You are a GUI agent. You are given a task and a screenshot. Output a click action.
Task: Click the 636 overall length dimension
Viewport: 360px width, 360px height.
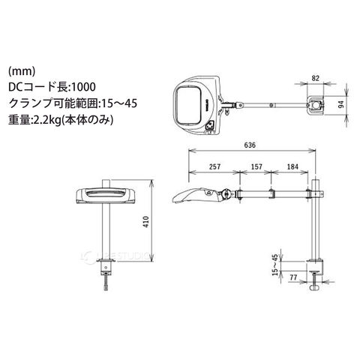(x=250, y=145)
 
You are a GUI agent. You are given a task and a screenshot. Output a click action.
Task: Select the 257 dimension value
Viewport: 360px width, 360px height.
(x=215, y=166)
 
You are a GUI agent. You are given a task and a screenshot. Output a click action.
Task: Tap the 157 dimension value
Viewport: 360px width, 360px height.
(x=256, y=166)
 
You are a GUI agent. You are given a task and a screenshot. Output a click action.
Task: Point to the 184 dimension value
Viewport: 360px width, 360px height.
(x=292, y=166)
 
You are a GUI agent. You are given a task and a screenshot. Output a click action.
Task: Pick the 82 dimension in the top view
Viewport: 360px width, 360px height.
(x=316, y=78)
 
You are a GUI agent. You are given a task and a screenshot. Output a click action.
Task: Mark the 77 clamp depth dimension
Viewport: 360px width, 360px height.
(x=293, y=277)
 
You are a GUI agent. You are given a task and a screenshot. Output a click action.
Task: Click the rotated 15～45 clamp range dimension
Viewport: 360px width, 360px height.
(x=275, y=265)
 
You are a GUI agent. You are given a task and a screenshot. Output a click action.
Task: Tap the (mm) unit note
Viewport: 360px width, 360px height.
(x=22, y=71)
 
